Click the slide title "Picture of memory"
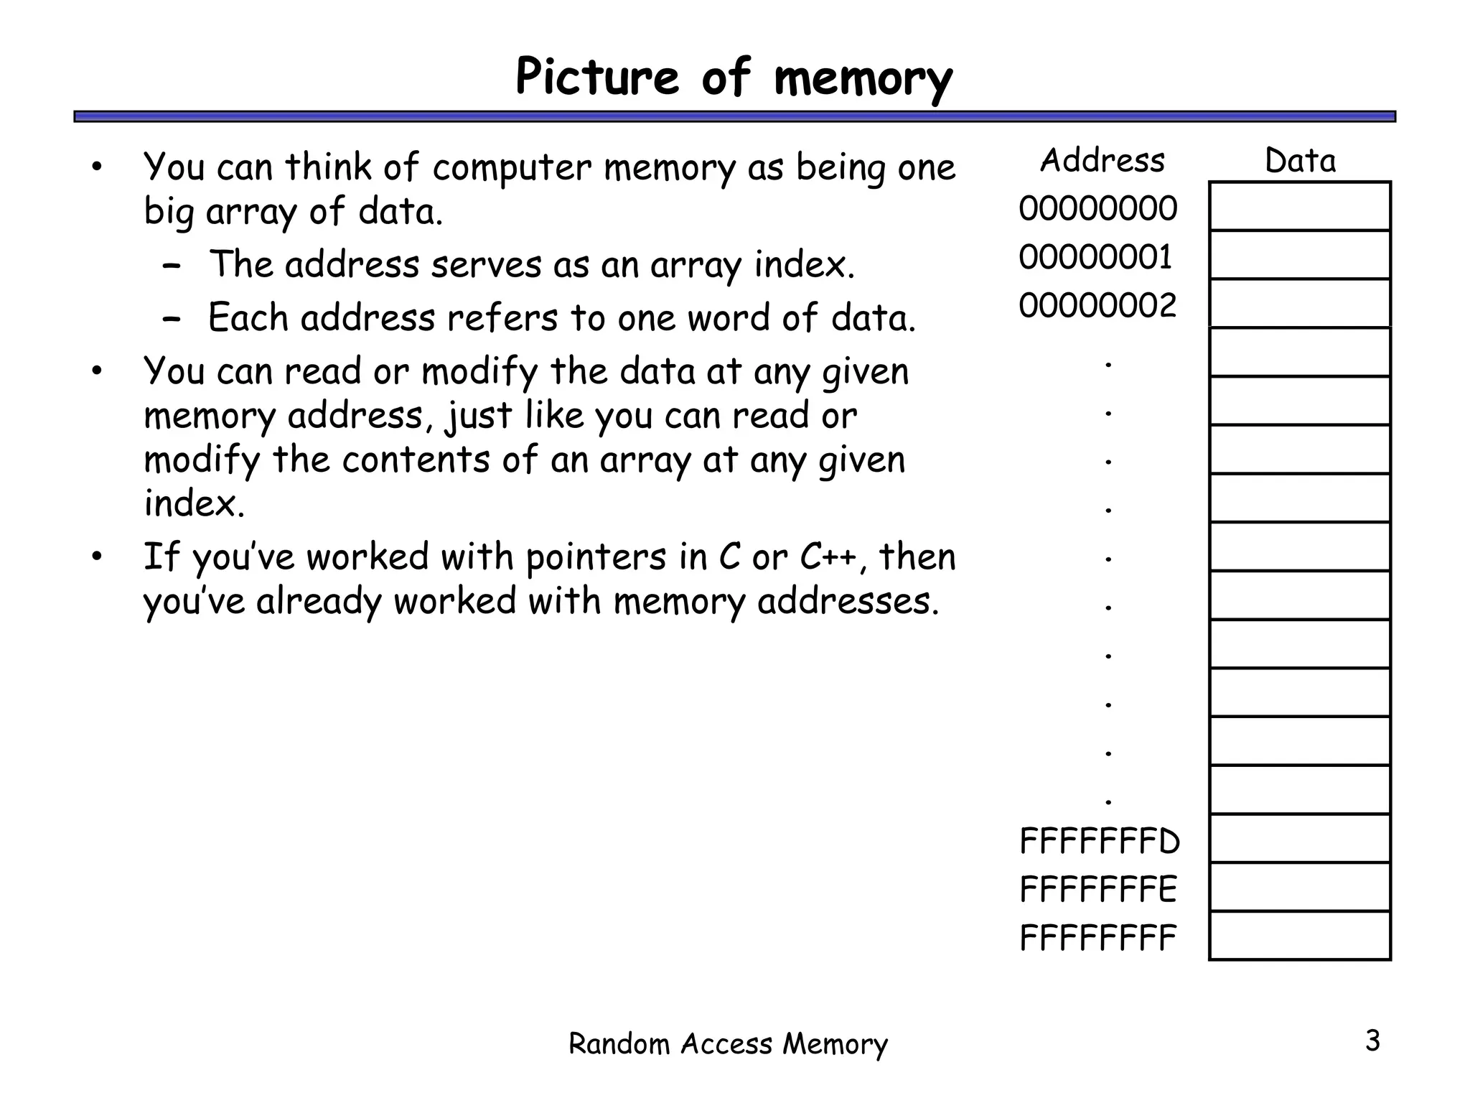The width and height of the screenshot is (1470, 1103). pyautogui.click(x=734, y=78)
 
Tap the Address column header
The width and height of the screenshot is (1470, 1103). pyautogui.click(x=1102, y=160)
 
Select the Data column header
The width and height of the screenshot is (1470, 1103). pyautogui.click(x=1300, y=161)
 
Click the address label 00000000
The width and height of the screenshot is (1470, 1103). pyautogui.click(x=1097, y=208)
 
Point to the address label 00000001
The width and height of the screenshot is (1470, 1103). pyautogui.click(x=1095, y=257)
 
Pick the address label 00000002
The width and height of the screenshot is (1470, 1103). pyautogui.click(x=1097, y=306)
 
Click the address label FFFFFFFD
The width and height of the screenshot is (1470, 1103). pyautogui.click(x=1100, y=841)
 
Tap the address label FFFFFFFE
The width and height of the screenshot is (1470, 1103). pyautogui.click(x=1098, y=890)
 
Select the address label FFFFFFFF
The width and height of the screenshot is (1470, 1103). pyautogui.click(x=1098, y=938)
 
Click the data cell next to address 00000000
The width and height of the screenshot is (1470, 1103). pyautogui.click(x=1300, y=207)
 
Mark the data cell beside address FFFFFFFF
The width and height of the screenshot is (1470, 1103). pyautogui.click(x=1300, y=936)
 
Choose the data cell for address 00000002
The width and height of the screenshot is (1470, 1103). pyautogui.click(x=1300, y=304)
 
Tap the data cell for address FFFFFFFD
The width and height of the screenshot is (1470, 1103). pyautogui.click(x=1300, y=839)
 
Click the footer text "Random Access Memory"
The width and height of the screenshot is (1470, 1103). pyautogui.click(x=728, y=1044)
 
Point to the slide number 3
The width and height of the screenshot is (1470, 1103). pyautogui.click(x=1372, y=1041)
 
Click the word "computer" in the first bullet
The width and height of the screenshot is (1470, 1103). pyautogui.click(x=512, y=168)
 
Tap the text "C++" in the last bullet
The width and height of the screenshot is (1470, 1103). pyautogui.click(x=828, y=557)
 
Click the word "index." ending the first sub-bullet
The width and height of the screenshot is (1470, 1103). pyautogui.click(x=805, y=264)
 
